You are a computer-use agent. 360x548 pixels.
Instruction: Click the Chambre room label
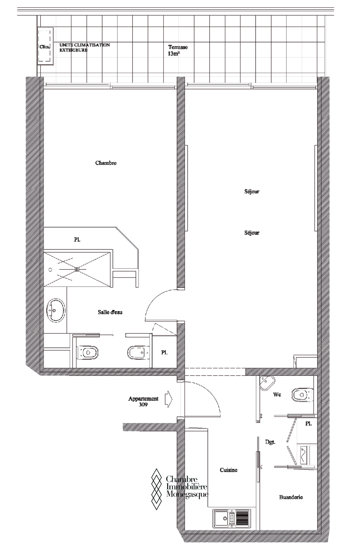106,163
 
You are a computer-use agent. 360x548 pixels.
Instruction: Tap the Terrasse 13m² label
178,50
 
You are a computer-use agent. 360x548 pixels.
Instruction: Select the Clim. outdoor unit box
45,46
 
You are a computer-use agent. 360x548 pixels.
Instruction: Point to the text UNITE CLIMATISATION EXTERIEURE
85,47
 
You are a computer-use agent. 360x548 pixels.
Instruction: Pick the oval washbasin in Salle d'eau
56,311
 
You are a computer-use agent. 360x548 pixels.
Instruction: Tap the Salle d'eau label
110,312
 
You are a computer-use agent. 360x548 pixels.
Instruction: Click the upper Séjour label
252,192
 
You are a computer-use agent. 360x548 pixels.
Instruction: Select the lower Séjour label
252,233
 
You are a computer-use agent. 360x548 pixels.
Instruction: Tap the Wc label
277,395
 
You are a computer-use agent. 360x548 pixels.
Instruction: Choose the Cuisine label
228,470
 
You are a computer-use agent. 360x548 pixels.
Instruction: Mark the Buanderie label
291,497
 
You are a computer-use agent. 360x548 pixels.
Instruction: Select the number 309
143,405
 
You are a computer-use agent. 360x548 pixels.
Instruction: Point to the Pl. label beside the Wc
308,424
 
